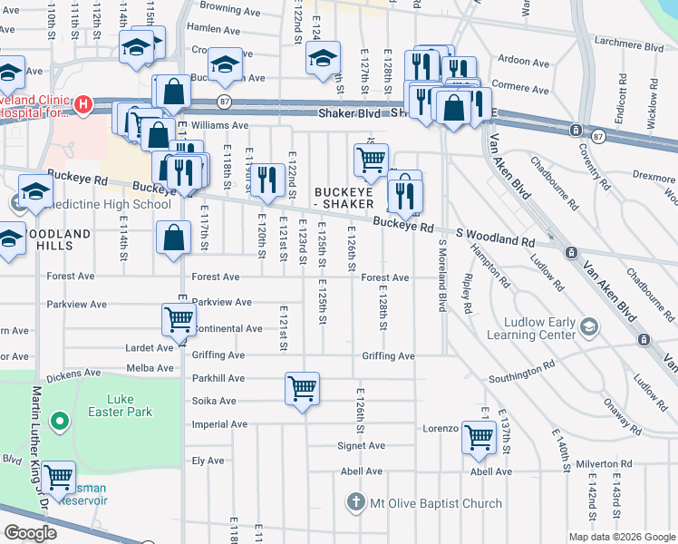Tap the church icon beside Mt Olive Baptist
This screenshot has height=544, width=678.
point(356,502)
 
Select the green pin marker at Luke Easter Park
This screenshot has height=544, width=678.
point(60,421)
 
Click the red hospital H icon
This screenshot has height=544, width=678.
point(83,105)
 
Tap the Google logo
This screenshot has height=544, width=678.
point(30,533)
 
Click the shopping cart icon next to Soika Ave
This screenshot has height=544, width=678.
point(302,389)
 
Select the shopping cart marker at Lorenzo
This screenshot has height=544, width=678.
point(479,437)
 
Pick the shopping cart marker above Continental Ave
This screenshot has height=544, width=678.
point(179,318)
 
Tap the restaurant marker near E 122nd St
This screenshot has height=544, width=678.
point(266,179)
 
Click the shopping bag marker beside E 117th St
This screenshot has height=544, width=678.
point(173,238)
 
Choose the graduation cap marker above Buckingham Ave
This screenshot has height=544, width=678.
point(225,63)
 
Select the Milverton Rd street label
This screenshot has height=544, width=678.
point(601,463)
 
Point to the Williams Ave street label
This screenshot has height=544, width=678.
point(219,126)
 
